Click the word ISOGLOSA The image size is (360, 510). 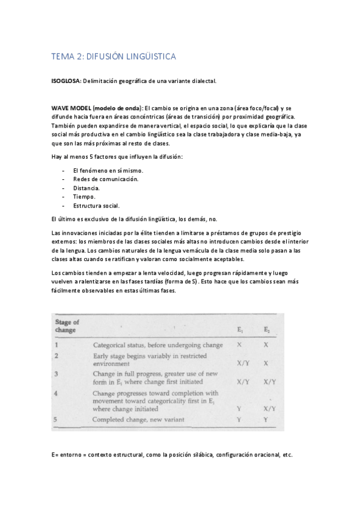click(66, 81)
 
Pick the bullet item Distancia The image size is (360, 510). click(87, 188)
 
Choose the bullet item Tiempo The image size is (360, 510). click(84, 197)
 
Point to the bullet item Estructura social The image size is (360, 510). click(96, 206)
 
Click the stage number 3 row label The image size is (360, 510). click(56, 373)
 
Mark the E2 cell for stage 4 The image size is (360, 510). click(269, 408)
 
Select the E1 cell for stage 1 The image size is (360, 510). click(240, 345)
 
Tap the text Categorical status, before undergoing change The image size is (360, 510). click(158, 345)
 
